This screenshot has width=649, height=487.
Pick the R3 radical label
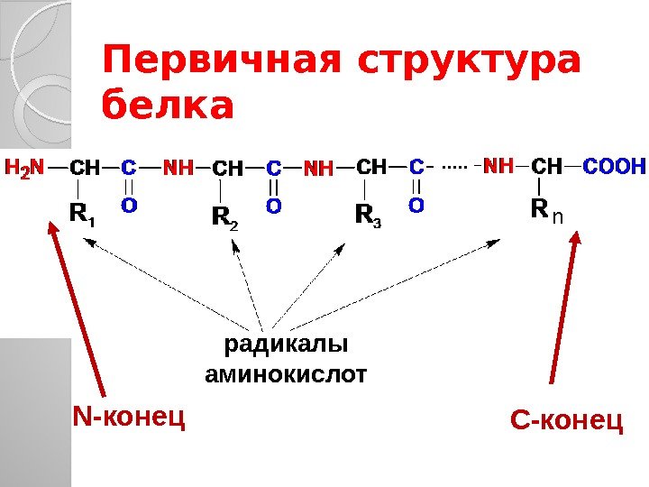[368, 216]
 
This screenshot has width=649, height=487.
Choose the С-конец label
[566, 419]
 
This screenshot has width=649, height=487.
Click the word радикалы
[286, 345]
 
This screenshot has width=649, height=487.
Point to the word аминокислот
[286, 372]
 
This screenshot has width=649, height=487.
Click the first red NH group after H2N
[178, 167]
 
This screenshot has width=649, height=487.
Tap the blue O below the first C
[129, 206]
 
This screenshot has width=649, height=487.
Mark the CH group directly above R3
[370, 167]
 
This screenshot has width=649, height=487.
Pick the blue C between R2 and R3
[273, 168]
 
